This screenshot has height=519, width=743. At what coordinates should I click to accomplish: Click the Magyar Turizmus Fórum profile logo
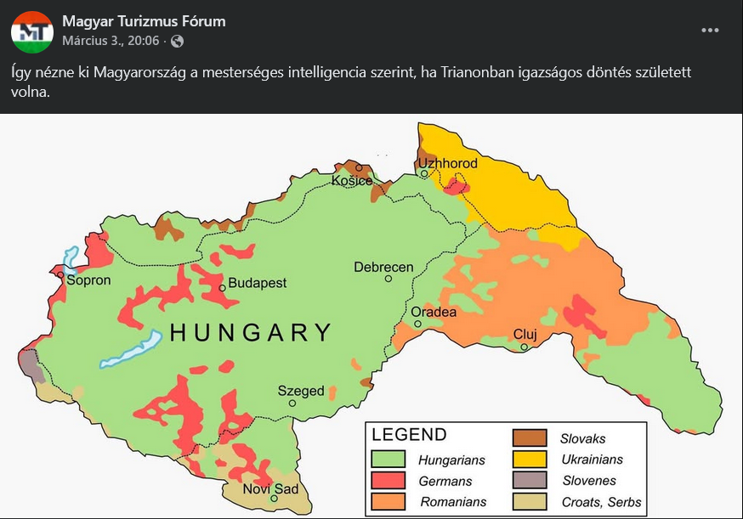32,32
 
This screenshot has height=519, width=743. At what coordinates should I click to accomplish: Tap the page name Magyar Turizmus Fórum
144,21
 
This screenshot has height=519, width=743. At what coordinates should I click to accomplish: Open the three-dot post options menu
710,31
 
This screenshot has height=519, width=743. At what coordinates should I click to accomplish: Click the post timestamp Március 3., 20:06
111,41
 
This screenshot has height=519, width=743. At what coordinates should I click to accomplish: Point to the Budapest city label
258,283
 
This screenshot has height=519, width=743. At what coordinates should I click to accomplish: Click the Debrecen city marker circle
389,278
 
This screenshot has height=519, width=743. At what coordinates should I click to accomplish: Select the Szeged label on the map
301,391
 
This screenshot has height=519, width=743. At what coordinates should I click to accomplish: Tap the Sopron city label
88,279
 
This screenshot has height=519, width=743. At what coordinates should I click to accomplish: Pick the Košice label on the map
352,181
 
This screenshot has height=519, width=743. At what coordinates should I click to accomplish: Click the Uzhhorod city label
447,163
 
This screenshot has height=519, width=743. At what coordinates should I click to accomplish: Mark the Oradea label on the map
434,313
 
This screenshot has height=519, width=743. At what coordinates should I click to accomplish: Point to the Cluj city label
525,334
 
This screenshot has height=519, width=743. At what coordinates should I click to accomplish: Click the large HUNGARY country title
251,333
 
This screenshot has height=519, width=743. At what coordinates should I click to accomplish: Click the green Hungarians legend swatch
388,460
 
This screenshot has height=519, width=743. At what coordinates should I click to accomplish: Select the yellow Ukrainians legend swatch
529,460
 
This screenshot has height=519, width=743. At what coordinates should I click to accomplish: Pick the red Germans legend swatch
388,481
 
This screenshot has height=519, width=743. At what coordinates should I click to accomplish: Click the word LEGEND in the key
409,435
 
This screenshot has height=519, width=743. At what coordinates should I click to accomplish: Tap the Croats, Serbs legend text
601,502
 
